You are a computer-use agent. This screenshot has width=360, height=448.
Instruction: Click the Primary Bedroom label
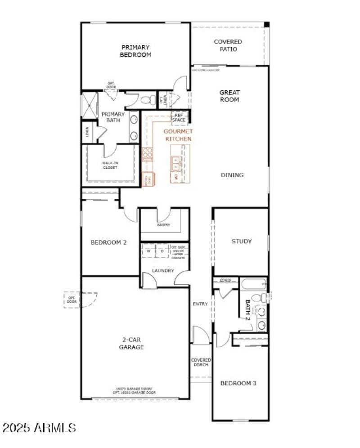[135, 51]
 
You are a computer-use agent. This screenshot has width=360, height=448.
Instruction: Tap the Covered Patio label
[228, 45]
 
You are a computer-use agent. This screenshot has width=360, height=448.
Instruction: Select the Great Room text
[229, 96]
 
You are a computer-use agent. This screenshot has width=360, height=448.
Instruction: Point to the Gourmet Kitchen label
[178, 135]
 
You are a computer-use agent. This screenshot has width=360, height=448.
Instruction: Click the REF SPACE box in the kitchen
[179, 118]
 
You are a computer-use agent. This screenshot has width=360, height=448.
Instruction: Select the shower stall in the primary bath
[89, 105]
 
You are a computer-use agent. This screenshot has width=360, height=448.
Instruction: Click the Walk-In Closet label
[109, 165]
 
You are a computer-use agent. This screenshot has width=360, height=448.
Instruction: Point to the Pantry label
[163, 224]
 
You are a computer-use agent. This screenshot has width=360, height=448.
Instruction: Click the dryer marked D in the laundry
[162, 251]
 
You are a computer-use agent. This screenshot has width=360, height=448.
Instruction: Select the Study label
[241, 241]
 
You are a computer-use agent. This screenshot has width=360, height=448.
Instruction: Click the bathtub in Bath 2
[253, 284]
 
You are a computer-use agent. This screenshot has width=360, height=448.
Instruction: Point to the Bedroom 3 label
[238, 383]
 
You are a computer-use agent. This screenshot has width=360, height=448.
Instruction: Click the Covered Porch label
[201, 362]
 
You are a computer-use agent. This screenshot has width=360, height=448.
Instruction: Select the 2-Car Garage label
[131, 344]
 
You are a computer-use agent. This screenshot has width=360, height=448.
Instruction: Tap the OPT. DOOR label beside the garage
[72, 299]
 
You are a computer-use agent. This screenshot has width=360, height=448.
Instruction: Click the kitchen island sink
[175, 164]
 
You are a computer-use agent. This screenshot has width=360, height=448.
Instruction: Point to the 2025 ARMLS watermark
[39, 427]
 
